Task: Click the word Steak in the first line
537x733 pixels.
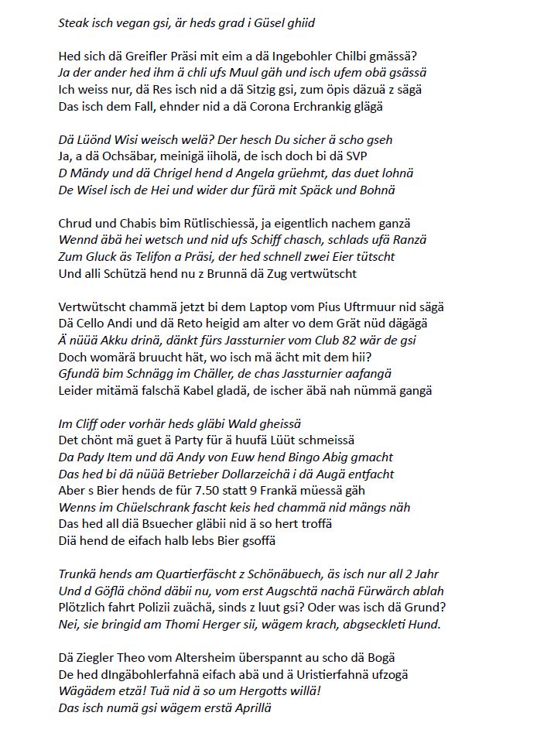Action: tap(75, 22)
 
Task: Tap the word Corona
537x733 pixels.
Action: tap(245, 106)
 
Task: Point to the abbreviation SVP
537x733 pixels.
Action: tap(381, 157)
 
